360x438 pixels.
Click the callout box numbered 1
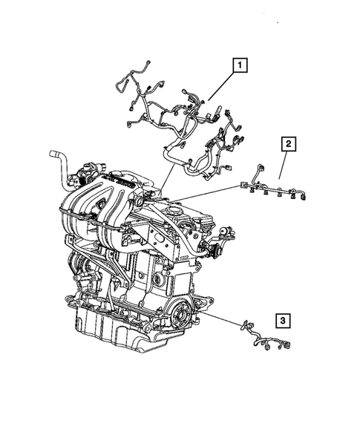point(239,65)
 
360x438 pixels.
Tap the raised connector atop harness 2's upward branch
point(259,169)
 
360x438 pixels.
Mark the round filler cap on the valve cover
point(140,200)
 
